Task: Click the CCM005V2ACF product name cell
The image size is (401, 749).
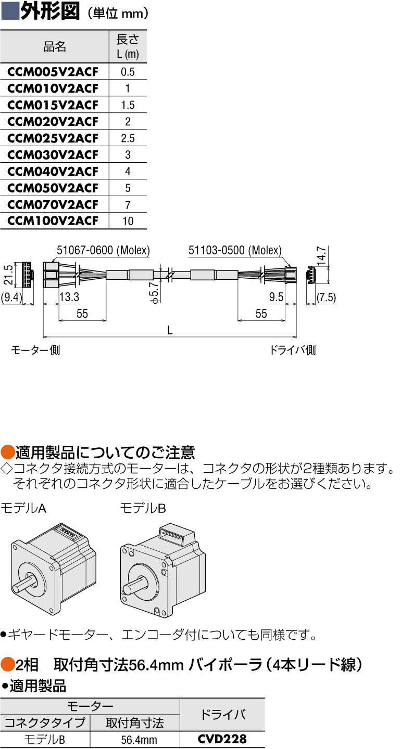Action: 53,72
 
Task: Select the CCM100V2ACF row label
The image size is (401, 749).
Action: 53,221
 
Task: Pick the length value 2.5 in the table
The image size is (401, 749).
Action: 128,138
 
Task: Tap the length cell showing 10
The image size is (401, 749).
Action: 128,221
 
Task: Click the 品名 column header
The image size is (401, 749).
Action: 55,47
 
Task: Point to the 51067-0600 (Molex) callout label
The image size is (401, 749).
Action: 103,250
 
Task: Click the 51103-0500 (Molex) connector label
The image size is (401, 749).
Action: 235,250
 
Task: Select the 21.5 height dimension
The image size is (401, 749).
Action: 8,275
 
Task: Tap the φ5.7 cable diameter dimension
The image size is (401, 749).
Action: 154,292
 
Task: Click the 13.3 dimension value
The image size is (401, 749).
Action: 69,297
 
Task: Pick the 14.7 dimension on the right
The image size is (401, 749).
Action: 321,256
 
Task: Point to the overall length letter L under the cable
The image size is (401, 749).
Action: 170,330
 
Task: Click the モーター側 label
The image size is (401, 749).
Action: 35,350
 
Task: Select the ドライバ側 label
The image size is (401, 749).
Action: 293,350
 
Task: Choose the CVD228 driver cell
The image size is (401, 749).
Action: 222,739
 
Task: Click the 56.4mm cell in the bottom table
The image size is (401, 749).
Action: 139,739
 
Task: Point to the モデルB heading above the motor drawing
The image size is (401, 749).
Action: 143,508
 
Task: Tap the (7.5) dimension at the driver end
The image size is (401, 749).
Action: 327,297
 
